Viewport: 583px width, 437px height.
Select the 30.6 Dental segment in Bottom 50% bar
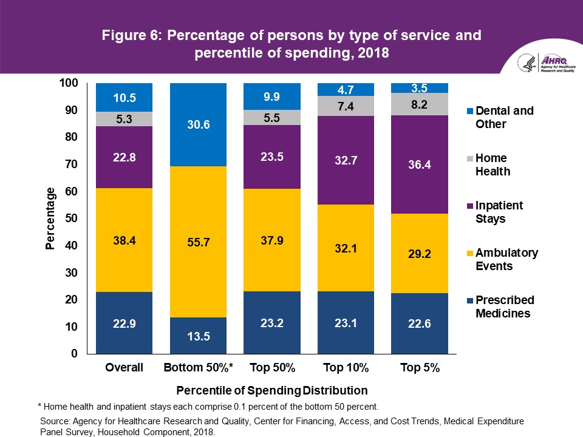198,125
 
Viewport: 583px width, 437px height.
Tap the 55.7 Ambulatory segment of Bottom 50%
198,242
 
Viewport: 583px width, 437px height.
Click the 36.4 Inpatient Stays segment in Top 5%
420,164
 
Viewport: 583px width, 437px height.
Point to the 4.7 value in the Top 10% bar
346,90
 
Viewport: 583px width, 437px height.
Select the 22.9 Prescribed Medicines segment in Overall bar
124,323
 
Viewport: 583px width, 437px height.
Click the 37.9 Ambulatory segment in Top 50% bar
271,240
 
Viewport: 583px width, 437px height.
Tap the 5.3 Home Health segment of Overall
124,119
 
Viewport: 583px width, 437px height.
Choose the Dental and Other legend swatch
471,111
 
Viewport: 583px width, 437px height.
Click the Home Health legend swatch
471,158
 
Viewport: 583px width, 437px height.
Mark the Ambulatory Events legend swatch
471,252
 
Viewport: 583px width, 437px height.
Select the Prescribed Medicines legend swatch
471,300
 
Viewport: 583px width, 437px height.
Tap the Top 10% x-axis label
346,368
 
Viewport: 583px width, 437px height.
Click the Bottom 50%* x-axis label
198,368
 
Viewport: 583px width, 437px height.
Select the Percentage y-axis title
51,218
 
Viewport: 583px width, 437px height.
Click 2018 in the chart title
373,53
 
